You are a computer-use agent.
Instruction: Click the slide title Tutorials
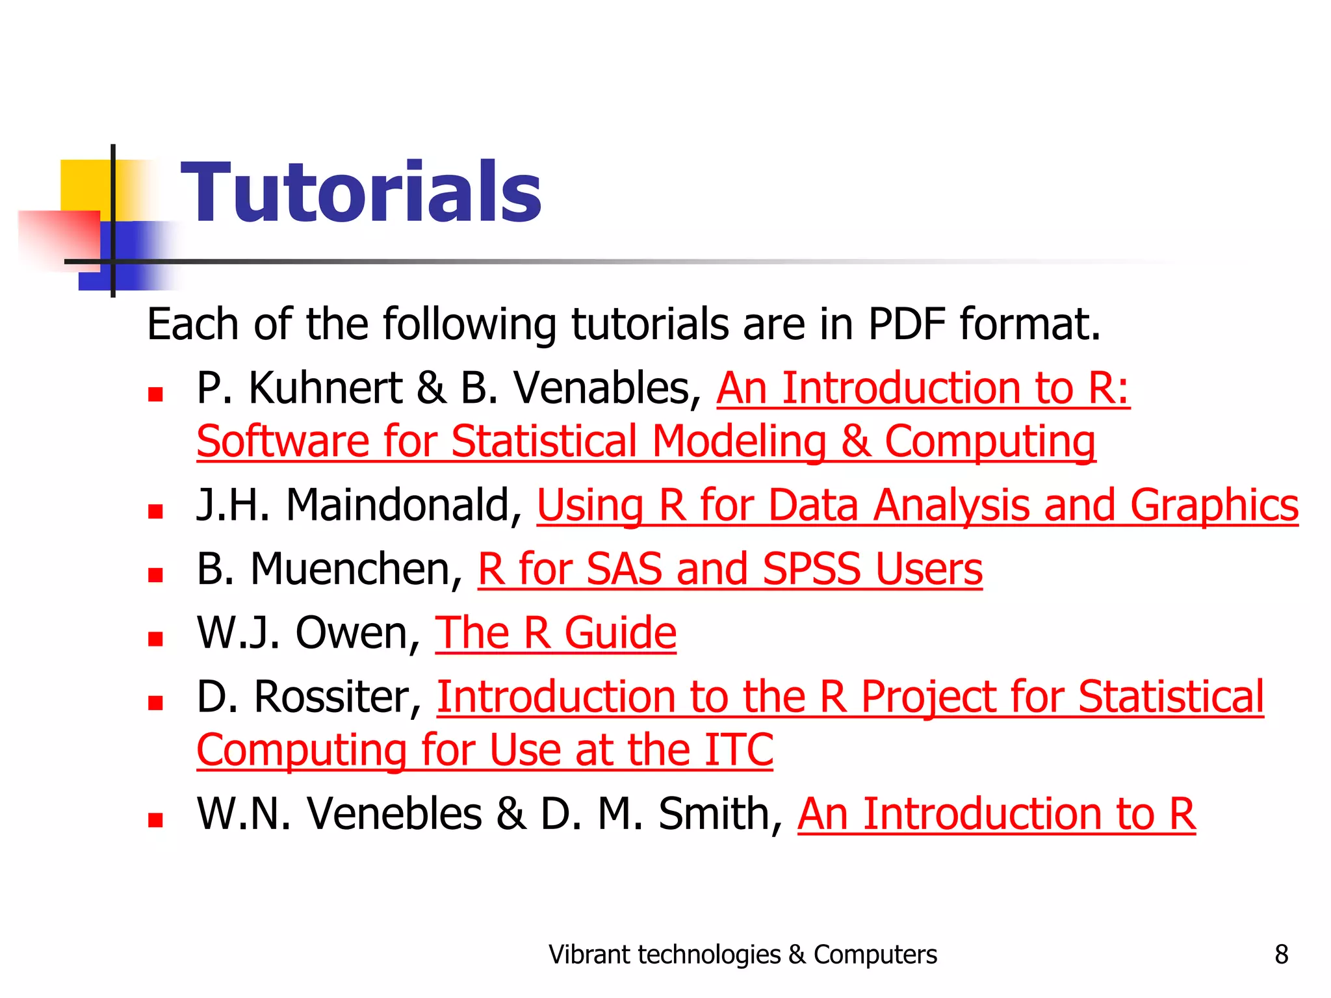[361, 192]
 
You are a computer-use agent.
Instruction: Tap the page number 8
[1281, 954]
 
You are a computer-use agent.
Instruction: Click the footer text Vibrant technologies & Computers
[743, 954]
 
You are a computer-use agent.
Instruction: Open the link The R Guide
[556, 633]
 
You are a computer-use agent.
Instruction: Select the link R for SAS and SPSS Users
[730, 569]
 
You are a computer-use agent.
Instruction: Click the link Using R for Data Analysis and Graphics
[917, 505]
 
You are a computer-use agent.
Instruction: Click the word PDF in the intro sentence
[907, 324]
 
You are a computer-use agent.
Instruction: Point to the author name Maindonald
[398, 505]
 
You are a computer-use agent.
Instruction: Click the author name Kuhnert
[325, 389]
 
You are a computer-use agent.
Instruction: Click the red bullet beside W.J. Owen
[155, 639]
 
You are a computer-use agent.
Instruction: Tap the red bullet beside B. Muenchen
[155, 575]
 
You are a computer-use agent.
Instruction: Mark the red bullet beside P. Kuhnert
[155, 394]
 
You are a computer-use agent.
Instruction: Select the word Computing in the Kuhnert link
[990, 442]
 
